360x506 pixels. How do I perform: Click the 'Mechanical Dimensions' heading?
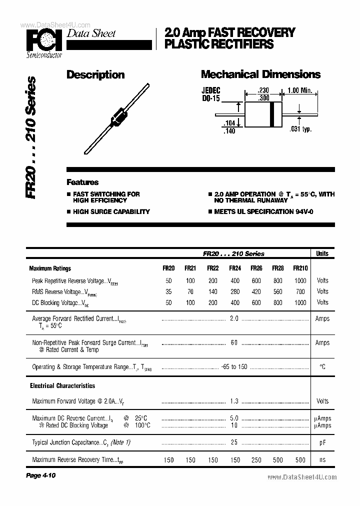point(260,74)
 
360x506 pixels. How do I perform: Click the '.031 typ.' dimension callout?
point(300,129)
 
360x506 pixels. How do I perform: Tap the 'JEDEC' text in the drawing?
point(211,90)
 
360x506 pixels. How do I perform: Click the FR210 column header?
point(300,268)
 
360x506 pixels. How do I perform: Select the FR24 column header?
point(234,268)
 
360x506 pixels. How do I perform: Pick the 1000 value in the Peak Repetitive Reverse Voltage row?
point(300,280)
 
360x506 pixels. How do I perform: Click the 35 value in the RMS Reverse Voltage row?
point(168,291)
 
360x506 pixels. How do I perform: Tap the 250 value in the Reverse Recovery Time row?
point(256,459)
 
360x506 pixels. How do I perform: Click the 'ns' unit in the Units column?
point(322,459)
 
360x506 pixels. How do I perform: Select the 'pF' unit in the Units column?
point(322,442)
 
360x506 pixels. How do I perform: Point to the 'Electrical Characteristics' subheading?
point(62,386)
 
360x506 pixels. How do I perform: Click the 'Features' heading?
point(82,182)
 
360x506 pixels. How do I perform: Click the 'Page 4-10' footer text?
point(40,475)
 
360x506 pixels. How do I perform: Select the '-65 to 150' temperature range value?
point(234,367)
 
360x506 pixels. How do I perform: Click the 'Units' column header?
point(322,253)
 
